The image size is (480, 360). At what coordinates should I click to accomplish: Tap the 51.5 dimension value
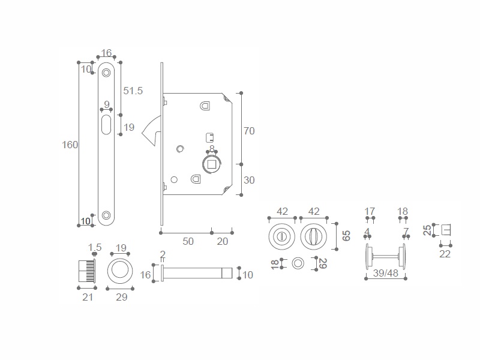pos(133,91)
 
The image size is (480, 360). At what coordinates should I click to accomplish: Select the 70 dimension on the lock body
pos(250,130)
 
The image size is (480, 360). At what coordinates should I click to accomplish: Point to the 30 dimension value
pos(250,179)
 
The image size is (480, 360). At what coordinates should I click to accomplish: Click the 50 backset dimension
pos(188,241)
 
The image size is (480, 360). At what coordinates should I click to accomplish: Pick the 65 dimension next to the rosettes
pos(346,235)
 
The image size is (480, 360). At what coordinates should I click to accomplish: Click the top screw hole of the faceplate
pos(106,73)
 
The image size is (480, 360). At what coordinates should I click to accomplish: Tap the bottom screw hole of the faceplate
pos(106,215)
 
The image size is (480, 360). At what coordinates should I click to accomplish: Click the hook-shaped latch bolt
pos(151,133)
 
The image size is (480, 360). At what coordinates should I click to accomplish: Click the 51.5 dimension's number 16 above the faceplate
pos(106,53)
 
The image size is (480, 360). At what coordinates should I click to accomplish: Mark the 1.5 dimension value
pos(95,247)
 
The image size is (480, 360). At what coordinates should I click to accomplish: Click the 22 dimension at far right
pos(445,254)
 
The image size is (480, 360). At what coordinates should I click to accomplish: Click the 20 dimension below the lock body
pos(223,241)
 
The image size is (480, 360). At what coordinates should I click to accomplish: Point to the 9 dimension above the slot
pos(106,104)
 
